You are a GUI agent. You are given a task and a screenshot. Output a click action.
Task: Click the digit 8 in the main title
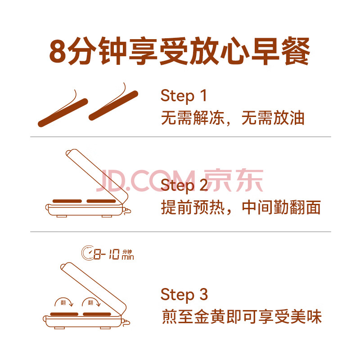tap(58, 51)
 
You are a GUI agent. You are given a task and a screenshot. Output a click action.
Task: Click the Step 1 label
tap(184, 95)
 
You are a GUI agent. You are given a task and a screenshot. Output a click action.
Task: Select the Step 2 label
tap(184, 185)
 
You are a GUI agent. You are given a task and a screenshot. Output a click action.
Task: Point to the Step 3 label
tap(184, 295)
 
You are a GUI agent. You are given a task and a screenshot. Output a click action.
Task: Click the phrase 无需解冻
tap(193, 118)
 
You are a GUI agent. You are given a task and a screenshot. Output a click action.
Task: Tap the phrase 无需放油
tap(273, 118)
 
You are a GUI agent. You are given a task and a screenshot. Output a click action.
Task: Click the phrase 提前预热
tap(193, 207)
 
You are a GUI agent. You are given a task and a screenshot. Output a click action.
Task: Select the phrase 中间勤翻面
tap(281, 207)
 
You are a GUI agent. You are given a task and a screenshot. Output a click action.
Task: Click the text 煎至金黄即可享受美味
tap(242, 317)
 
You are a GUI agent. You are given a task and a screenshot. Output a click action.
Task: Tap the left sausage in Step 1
tap(63, 113)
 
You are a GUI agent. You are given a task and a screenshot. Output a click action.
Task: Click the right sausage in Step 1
tap(113, 106)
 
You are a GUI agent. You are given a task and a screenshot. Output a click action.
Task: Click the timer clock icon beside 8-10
tap(88, 252)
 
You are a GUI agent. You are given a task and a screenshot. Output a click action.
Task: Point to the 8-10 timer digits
tap(107, 254)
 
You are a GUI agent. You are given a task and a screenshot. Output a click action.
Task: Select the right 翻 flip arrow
tap(91, 302)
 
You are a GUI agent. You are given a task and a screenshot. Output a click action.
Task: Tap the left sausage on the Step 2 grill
tap(67, 201)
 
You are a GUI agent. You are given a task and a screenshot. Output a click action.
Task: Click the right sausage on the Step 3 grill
tap(97, 314)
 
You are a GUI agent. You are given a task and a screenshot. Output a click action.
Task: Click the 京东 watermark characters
tap(234, 180)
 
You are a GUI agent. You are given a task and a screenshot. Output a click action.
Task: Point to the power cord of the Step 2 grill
tap(128, 211)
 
